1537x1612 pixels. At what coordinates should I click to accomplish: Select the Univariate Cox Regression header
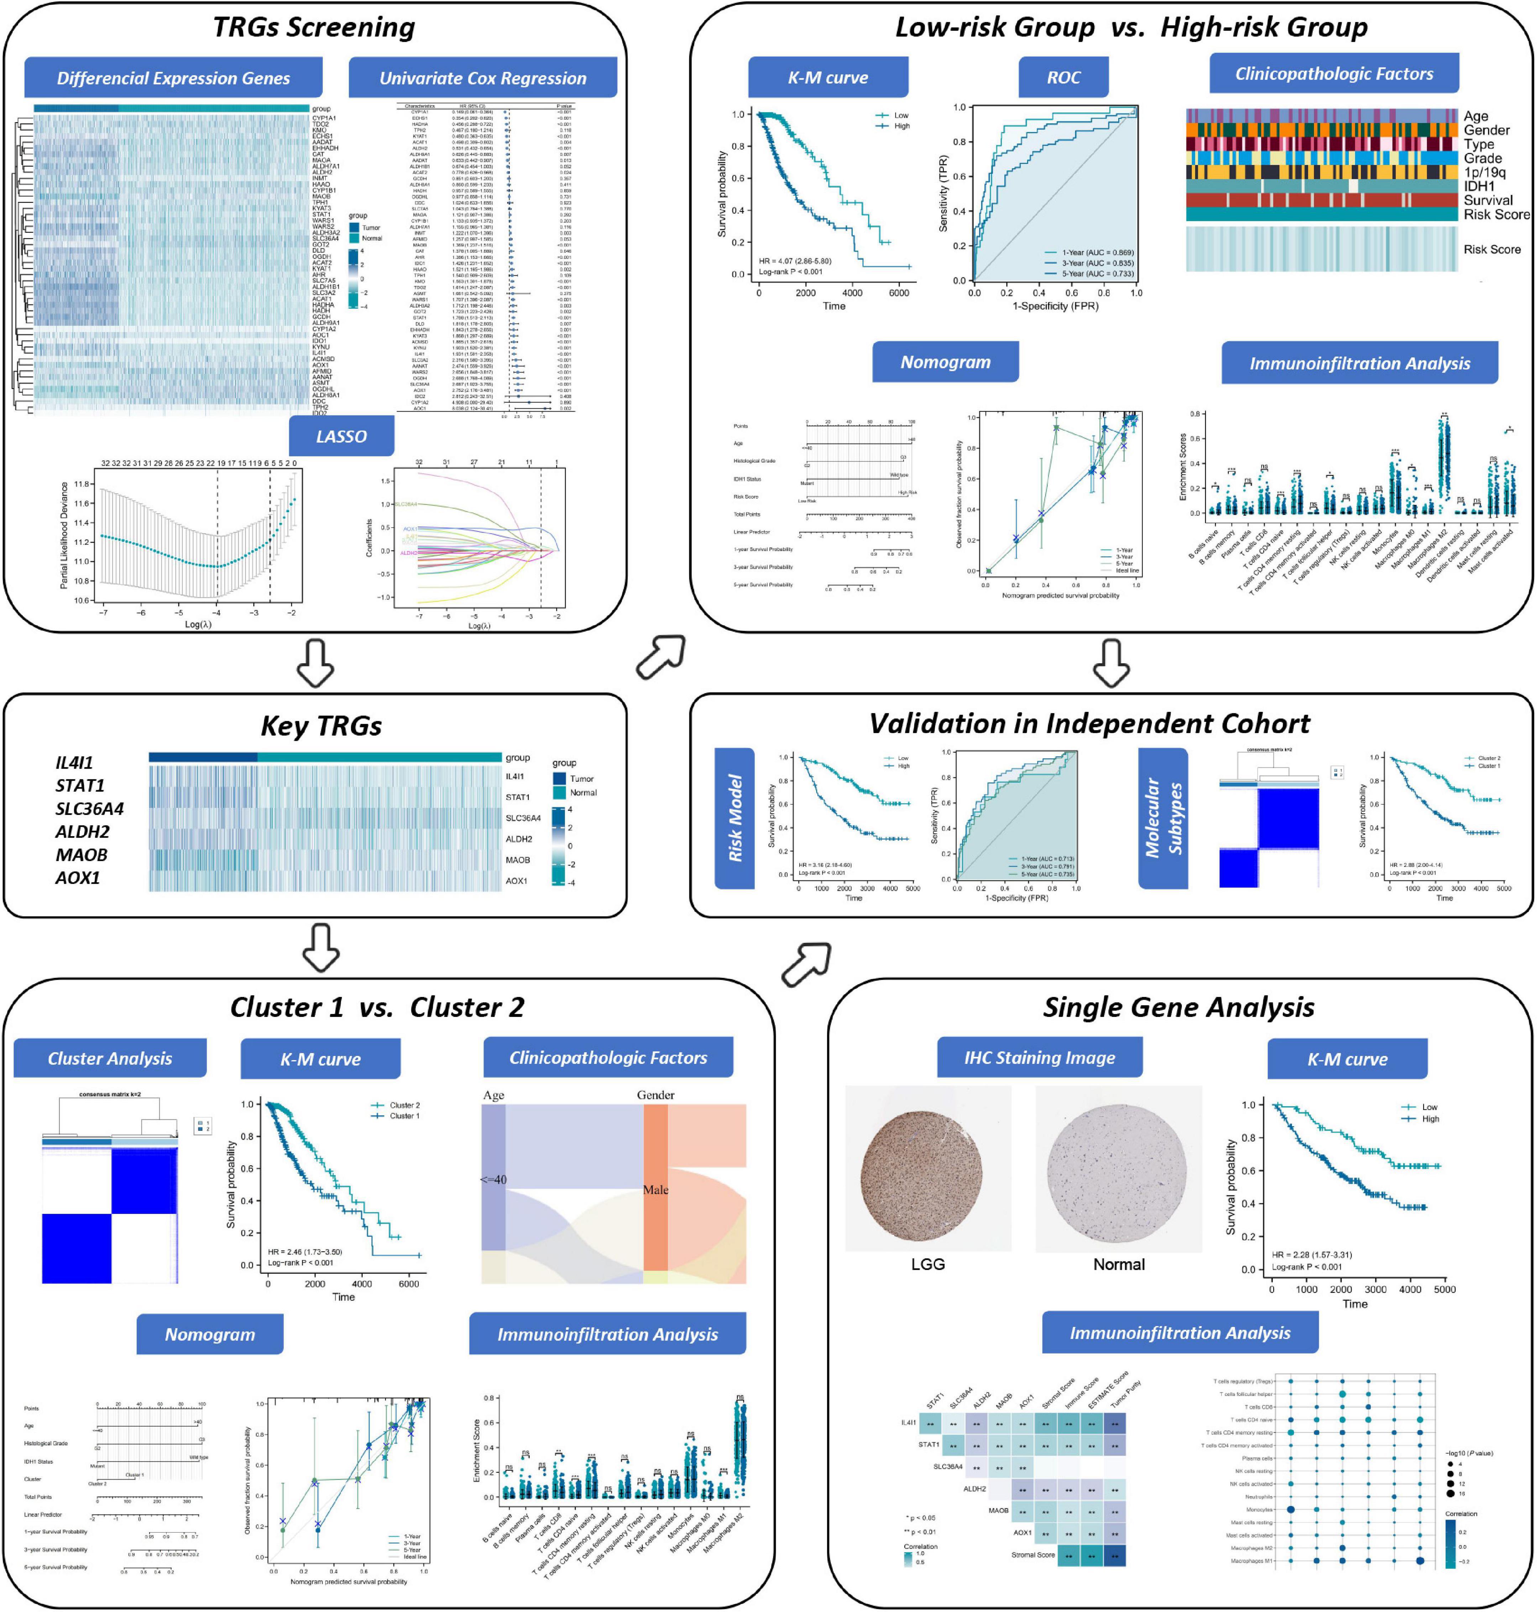click(x=482, y=78)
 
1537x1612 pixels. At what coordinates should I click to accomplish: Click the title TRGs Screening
click(x=314, y=27)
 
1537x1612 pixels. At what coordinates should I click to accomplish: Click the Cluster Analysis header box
click(x=110, y=1058)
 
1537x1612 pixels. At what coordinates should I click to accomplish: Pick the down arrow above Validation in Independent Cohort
click(x=1112, y=662)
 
